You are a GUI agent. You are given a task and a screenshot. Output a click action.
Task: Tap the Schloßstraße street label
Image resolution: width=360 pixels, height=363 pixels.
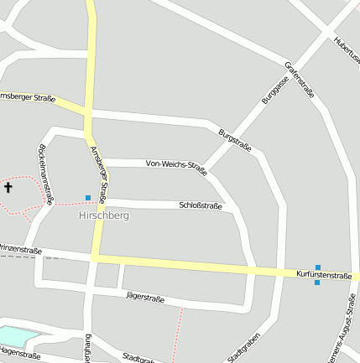201,205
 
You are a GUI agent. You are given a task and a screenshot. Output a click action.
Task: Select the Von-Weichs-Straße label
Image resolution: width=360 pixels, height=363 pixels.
176,164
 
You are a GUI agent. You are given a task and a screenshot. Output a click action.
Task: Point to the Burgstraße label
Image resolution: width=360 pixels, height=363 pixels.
234,138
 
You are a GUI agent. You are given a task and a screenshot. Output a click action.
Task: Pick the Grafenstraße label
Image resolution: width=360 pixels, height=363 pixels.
299,80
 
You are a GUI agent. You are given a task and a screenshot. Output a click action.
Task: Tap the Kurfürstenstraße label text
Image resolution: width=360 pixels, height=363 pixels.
324,275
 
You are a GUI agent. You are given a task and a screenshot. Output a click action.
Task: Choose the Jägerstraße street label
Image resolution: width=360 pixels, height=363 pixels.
144,297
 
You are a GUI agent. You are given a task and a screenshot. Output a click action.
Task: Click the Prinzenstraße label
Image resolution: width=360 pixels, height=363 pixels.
20,250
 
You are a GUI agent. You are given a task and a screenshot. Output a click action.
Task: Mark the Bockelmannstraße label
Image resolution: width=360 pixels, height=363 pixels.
46,174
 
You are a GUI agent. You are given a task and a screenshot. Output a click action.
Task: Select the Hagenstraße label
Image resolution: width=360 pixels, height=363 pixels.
19,355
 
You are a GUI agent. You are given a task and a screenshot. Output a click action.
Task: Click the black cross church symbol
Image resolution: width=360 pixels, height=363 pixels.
9,188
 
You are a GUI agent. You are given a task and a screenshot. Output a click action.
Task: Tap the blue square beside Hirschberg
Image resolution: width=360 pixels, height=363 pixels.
88,198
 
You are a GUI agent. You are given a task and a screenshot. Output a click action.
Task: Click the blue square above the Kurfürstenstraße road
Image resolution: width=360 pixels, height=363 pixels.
318,267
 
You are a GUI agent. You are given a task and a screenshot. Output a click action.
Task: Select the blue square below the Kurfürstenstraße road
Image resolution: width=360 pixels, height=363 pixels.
317,283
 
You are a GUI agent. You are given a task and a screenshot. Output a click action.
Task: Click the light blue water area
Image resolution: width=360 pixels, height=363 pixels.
17,335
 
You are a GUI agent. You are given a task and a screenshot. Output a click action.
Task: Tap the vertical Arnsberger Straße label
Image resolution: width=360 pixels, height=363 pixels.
97,175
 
